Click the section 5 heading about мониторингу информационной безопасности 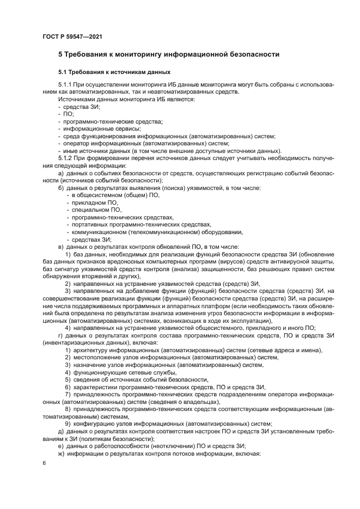[x=169, y=54]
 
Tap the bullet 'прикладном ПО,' [x=95, y=203]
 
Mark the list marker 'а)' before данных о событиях [x=62, y=173]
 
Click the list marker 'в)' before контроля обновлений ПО [x=61, y=247]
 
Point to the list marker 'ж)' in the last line [x=62, y=453]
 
